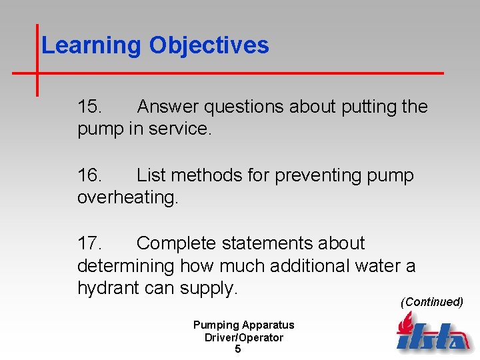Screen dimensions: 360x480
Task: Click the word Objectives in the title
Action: (209, 46)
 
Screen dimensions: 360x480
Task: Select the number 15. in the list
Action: (89, 107)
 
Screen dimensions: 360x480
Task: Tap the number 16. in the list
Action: (89, 175)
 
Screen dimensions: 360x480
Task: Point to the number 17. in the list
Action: (89, 243)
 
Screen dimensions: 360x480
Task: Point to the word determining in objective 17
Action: (125, 266)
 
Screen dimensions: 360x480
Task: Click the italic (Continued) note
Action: (431, 302)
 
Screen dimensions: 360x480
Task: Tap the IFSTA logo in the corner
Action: (432, 333)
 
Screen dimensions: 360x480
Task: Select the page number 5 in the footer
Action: (238, 349)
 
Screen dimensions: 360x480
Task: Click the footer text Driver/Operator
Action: (243, 337)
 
